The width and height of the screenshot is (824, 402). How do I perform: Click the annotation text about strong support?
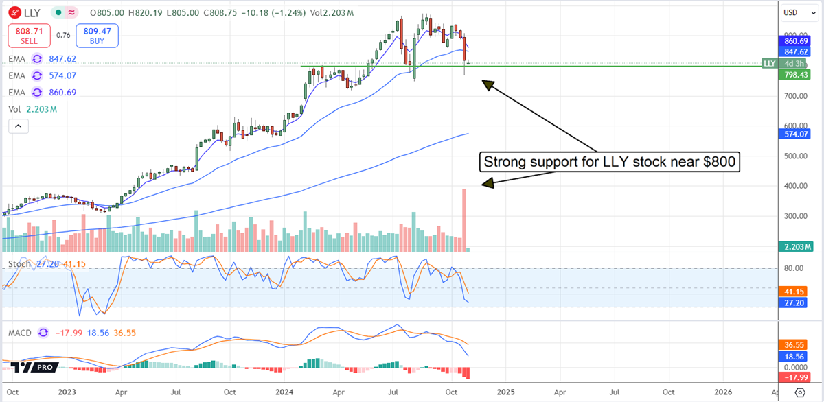click(x=609, y=163)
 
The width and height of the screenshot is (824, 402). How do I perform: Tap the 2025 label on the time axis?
click(x=505, y=392)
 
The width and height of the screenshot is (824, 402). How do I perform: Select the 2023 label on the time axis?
click(x=67, y=392)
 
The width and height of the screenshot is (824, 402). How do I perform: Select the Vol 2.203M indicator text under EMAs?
click(x=32, y=108)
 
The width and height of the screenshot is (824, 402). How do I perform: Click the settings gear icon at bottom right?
click(x=799, y=392)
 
